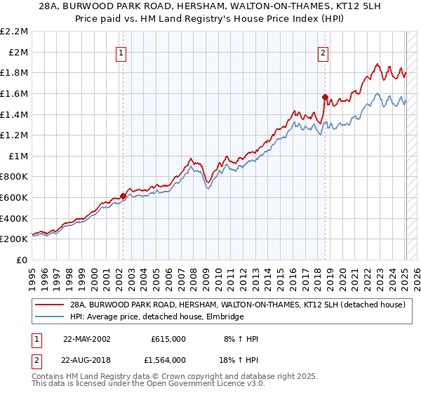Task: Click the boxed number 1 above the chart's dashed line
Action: (x=122, y=51)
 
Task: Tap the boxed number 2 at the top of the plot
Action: (x=323, y=51)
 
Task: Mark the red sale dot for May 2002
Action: (x=123, y=196)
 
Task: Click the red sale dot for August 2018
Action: (x=325, y=98)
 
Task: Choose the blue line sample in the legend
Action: (x=51, y=317)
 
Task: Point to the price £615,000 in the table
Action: (x=168, y=339)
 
